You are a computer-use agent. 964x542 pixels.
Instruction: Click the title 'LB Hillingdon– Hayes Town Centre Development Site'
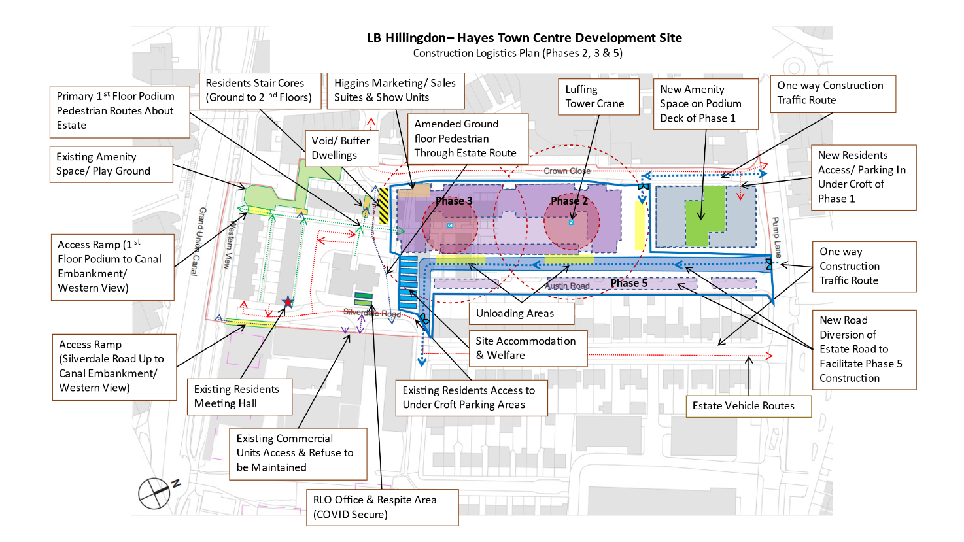[524, 38]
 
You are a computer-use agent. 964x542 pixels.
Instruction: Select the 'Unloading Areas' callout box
[521, 314]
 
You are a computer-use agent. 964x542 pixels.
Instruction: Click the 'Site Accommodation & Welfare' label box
[527, 348]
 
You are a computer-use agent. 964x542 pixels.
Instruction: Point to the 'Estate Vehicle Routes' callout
[748, 406]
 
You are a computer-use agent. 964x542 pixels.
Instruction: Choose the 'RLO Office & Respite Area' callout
[381, 507]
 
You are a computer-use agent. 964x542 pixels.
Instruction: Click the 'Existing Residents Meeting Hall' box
[239, 397]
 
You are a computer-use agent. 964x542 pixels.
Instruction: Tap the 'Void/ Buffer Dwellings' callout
[341, 148]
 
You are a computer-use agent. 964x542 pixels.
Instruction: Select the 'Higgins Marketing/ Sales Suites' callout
[394, 90]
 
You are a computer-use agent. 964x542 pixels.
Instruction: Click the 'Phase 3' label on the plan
[454, 201]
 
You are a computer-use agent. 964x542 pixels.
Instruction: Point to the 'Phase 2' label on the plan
[569, 201]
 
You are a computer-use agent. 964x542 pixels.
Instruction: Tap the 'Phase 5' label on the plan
[628, 283]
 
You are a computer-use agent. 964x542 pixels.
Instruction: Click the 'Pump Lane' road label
[776, 237]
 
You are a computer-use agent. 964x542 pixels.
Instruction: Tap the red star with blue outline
[288, 302]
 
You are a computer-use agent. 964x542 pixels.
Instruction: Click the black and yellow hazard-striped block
[384, 206]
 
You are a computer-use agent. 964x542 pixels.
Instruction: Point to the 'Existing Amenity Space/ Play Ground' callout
[111, 164]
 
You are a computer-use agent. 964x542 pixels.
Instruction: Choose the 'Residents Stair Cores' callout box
[259, 90]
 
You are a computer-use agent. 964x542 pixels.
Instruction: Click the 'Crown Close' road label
[567, 171]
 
